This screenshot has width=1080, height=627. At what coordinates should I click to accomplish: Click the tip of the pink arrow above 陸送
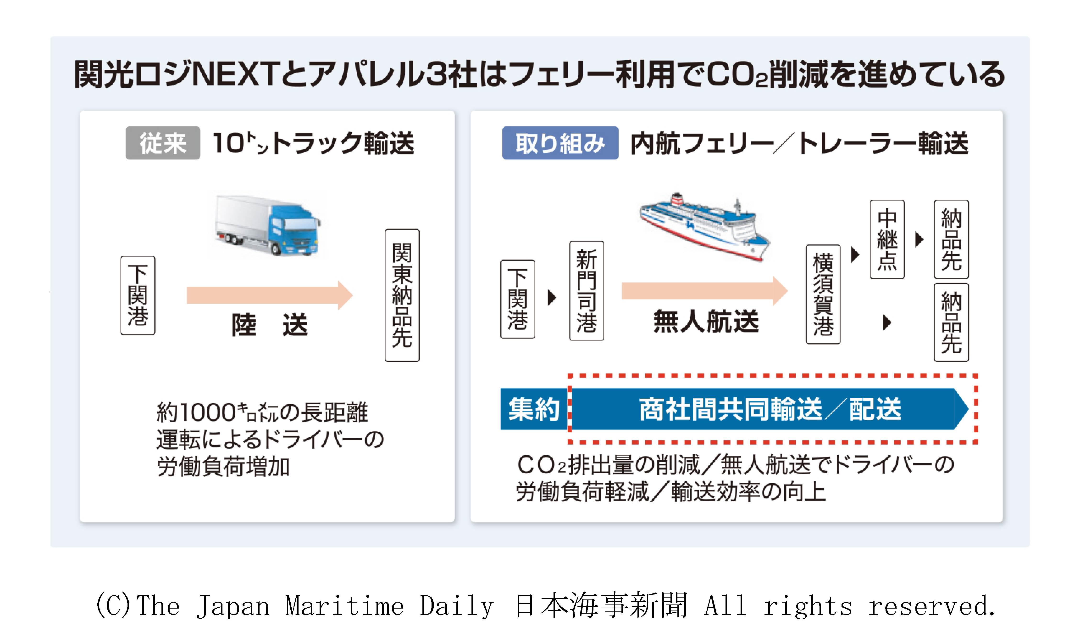coord(353,295)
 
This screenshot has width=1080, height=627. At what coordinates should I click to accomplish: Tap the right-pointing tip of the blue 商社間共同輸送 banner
coord(969,409)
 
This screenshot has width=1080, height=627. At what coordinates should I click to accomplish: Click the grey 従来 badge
coord(163,143)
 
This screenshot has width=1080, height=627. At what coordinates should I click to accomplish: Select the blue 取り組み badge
coord(560,143)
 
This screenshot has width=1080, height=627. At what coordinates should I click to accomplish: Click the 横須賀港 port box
coord(823,294)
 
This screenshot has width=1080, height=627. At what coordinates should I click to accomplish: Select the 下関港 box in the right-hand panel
coord(518,299)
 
